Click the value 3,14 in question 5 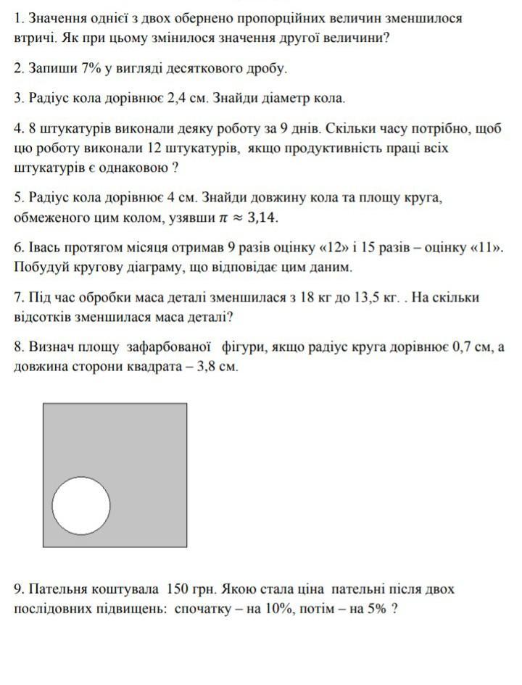(x=262, y=217)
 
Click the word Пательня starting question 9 (x=62, y=589)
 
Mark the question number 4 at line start (x=18, y=128)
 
